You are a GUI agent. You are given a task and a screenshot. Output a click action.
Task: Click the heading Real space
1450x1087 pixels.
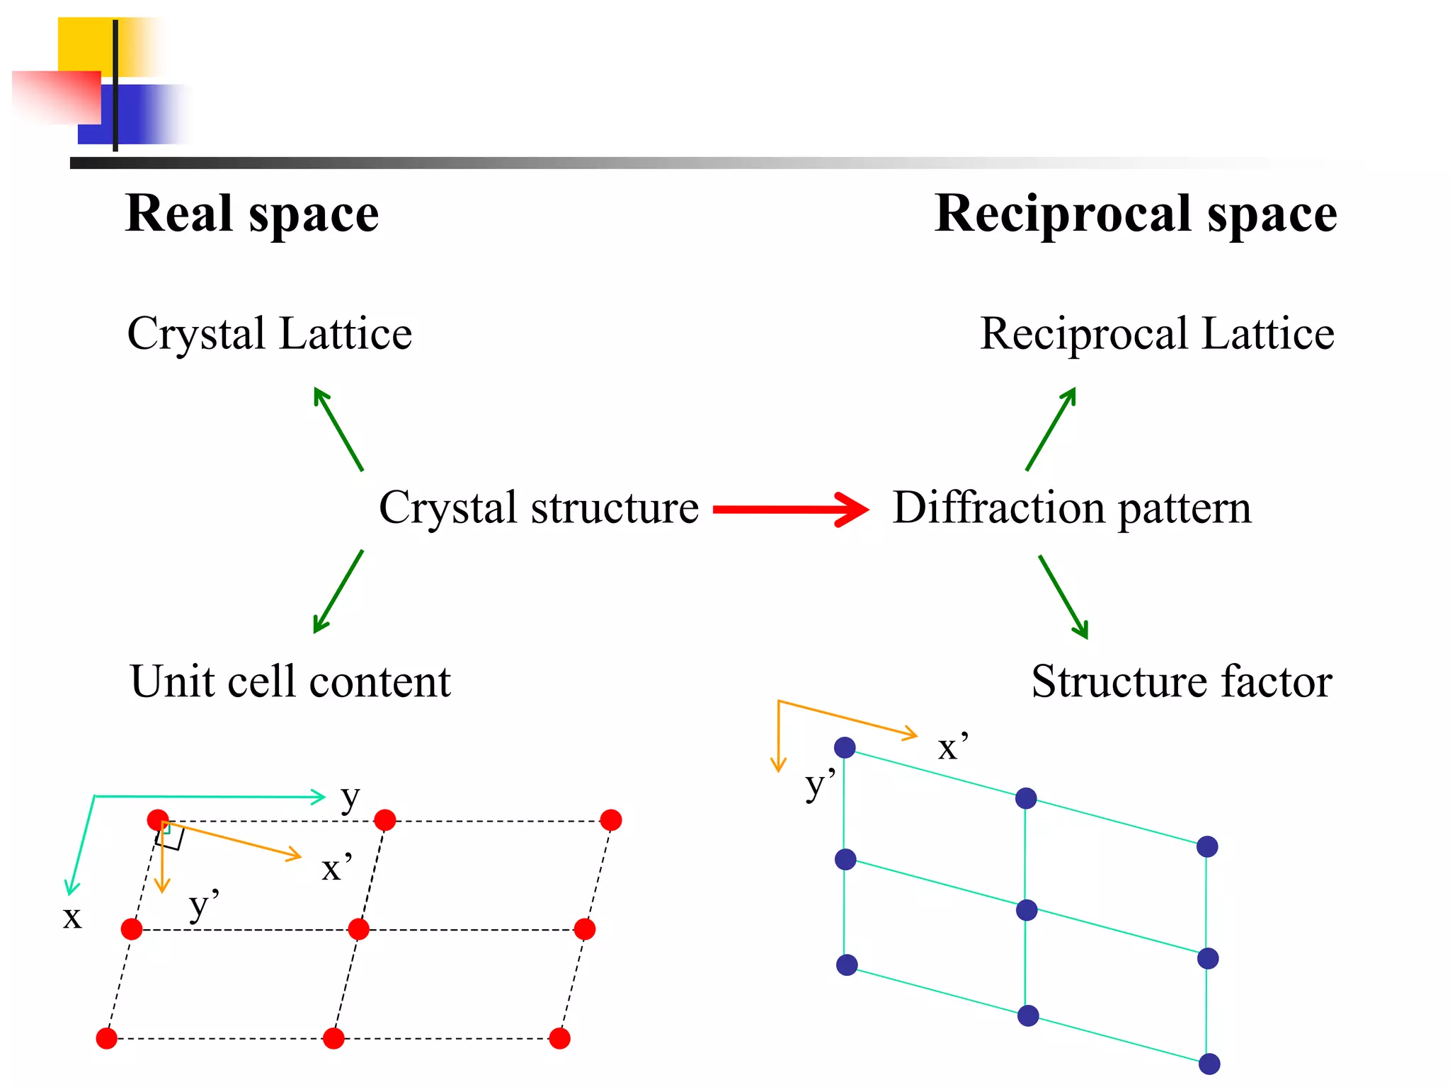252,214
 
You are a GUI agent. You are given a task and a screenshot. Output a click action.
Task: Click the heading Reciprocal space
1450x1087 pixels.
1135,214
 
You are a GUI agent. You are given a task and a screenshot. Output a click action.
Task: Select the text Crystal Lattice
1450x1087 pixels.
269,333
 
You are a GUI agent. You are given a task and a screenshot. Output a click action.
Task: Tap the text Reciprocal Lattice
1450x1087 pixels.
1157,333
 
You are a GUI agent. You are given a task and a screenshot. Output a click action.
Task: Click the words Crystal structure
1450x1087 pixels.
539,507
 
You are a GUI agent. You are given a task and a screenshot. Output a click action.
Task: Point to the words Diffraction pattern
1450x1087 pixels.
1071,507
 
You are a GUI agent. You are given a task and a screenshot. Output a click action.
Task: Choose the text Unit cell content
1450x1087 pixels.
290,681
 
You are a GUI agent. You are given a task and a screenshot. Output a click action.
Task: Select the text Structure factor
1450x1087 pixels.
1181,681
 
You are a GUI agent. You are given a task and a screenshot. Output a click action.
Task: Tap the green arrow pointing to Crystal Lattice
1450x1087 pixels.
338,429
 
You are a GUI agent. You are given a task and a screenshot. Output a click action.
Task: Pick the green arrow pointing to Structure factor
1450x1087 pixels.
1063,597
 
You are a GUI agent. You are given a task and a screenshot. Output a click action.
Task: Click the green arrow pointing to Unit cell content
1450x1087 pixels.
338,591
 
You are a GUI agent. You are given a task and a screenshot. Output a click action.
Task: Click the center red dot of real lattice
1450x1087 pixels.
359,928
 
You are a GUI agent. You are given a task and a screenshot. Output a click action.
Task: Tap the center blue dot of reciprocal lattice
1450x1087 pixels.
1027,910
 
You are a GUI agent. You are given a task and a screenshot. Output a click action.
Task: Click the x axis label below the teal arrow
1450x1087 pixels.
72,917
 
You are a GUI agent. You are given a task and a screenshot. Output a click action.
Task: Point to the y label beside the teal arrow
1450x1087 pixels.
350,798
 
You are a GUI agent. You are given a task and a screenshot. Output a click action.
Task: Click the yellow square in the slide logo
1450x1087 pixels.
85,44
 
